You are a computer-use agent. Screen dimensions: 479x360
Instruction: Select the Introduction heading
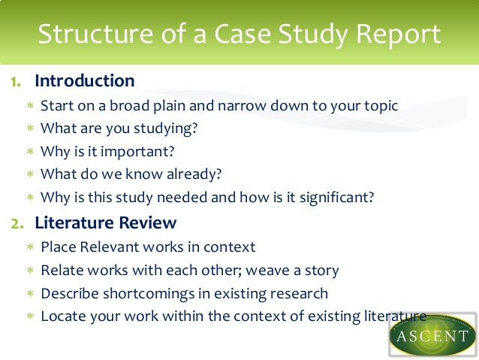click(x=85, y=80)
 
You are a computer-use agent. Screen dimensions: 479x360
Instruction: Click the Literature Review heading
click(x=106, y=222)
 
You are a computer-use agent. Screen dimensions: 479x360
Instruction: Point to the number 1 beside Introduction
click(x=15, y=81)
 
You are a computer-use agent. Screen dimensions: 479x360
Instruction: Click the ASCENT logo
click(x=432, y=334)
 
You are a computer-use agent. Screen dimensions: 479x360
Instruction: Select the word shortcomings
click(x=144, y=293)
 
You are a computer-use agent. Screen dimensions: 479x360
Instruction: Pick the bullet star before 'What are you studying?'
click(x=30, y=129)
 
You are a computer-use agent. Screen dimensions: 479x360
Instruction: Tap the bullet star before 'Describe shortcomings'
click(x=30, y=293)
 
